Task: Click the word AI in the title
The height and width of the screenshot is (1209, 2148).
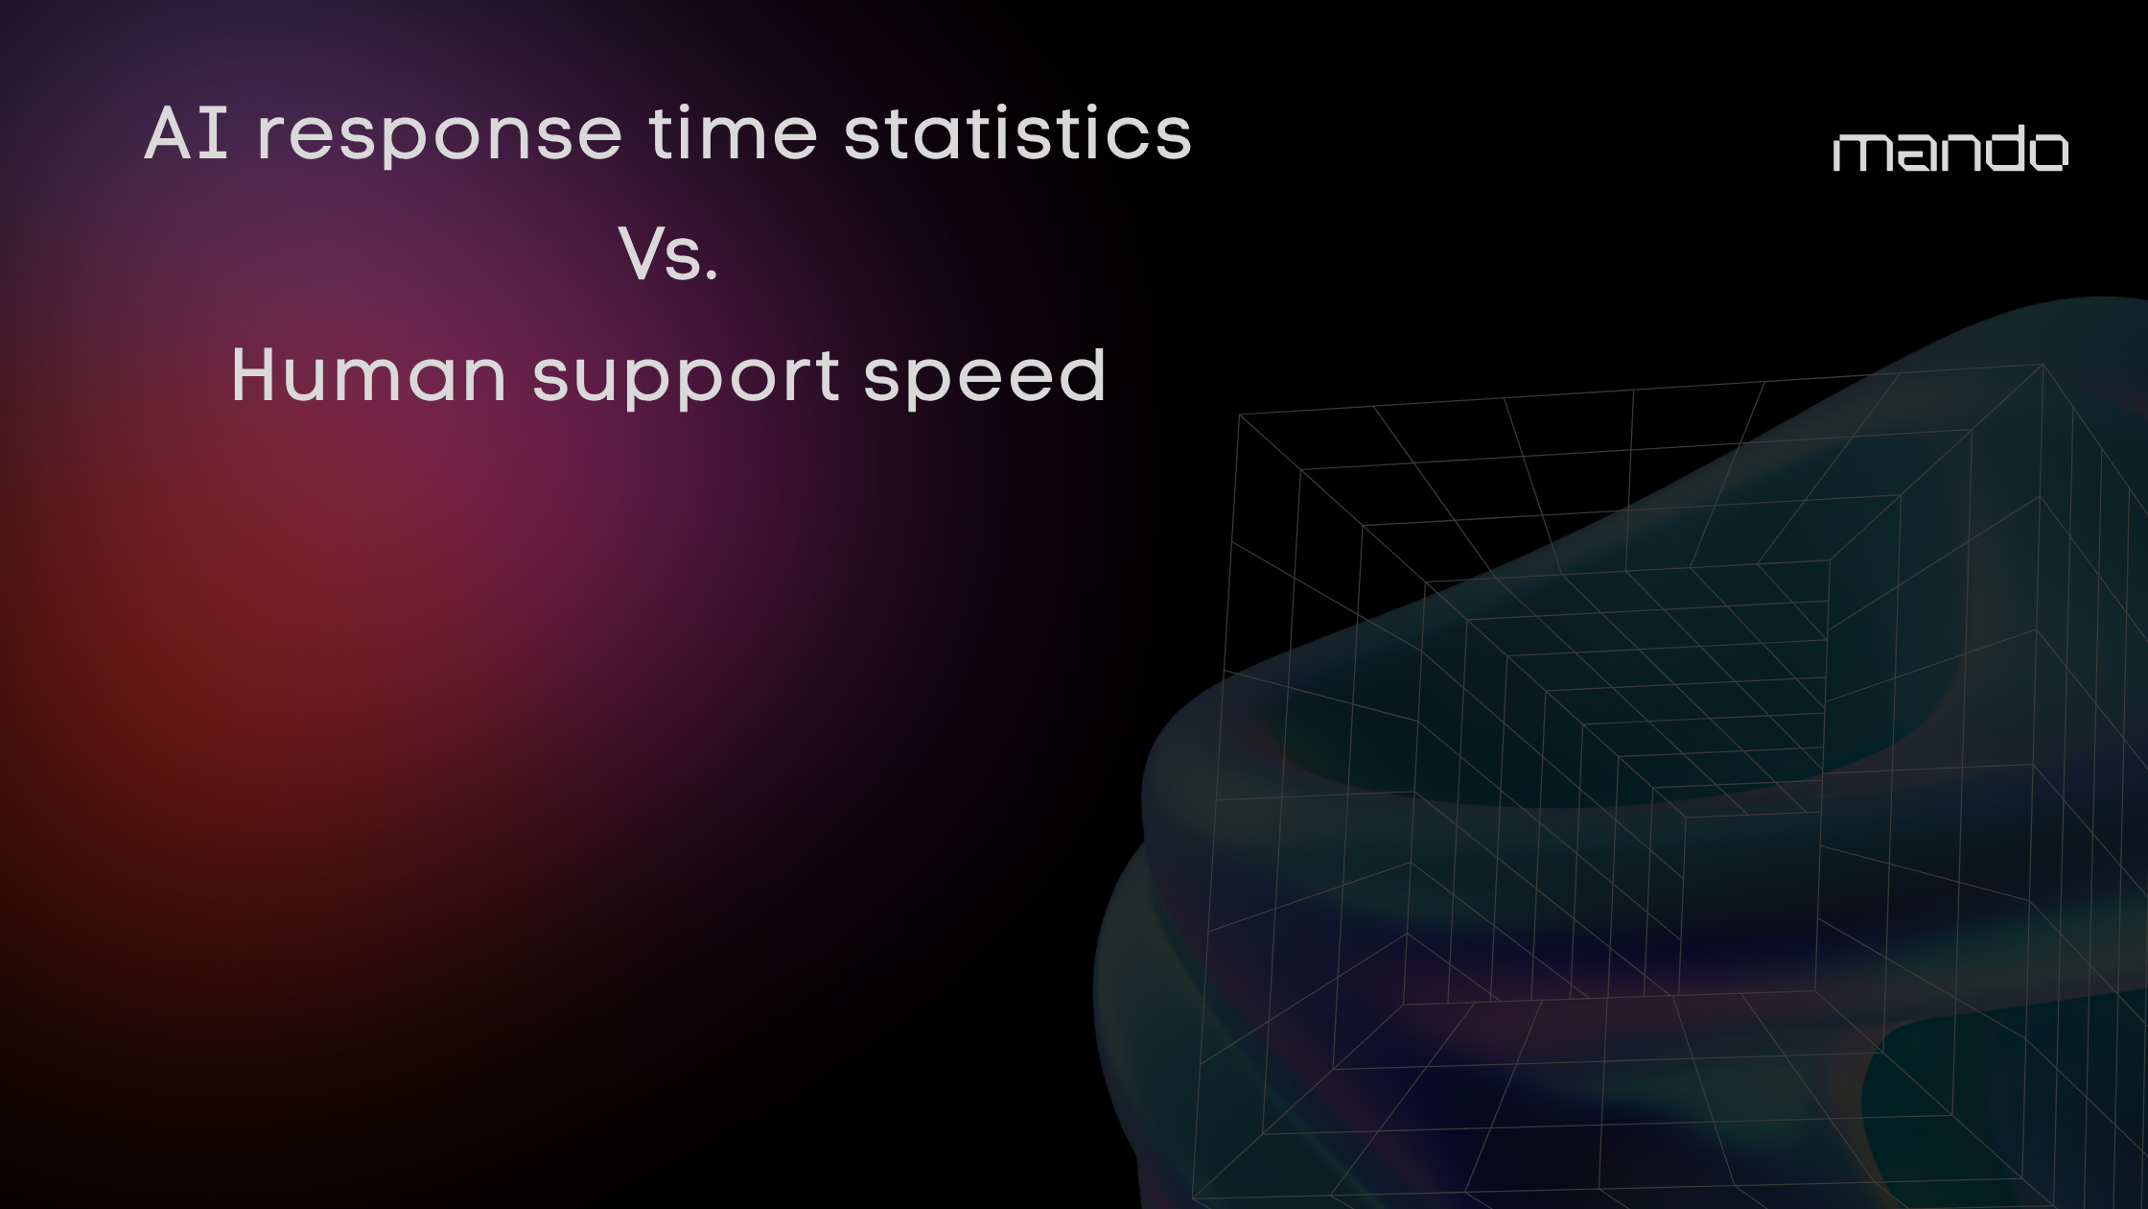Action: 186,133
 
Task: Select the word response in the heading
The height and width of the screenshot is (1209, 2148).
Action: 440,135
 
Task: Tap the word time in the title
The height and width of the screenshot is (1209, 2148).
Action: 733,133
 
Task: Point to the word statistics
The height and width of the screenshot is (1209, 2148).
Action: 1017,133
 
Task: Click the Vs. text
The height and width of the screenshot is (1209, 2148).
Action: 668,255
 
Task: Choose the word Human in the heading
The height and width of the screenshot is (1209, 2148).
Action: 368,375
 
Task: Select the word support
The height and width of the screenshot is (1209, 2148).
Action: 686,379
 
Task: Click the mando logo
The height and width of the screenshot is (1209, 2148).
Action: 1950,152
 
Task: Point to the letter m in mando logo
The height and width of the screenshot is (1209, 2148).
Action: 1862,154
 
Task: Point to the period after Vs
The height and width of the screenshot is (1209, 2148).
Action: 711,277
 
